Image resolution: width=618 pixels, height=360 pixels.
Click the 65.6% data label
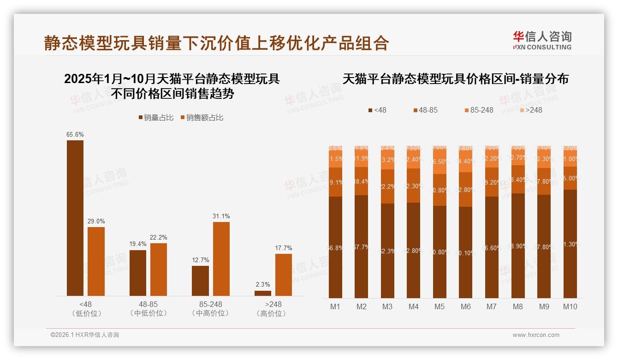coord(75,134)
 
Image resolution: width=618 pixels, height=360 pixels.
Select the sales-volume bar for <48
coord(75,218)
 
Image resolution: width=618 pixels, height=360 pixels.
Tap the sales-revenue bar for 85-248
coord(221,259)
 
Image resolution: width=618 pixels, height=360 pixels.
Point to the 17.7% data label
coord(284,248)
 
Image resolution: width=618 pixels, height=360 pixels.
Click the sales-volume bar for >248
coord(263,293)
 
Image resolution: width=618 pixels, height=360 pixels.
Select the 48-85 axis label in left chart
coord(148,305)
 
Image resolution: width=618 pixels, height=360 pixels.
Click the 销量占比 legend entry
coord(155,118)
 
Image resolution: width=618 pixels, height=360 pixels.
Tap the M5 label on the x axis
coord(440,307)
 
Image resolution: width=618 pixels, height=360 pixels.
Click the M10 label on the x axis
coord(570,307)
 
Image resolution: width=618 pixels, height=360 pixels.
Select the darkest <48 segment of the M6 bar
coord(466,252)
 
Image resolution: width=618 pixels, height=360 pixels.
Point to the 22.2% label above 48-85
coord(159,237)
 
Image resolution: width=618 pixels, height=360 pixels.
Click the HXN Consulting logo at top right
coord(542,41)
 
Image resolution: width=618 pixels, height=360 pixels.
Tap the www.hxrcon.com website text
coord(536,335)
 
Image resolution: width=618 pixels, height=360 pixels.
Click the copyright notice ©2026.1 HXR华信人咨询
coord(85,335)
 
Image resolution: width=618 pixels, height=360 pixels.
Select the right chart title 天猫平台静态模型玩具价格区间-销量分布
coord(455,79)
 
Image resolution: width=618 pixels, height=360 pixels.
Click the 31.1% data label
coord(221,216)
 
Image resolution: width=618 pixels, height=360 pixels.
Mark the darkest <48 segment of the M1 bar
coord(335,247)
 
